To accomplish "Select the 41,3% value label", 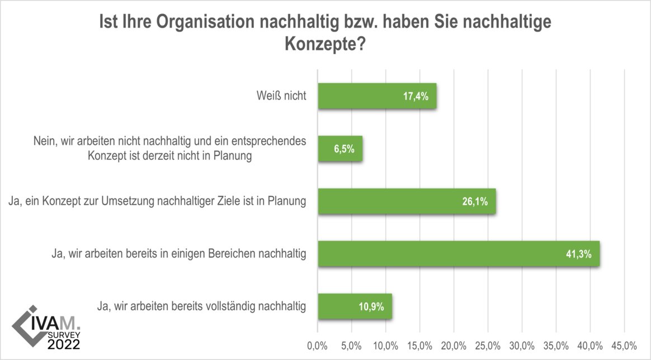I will click(x=582, y=254).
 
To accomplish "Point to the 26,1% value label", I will click(x=476, y=202).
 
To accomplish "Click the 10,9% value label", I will click(x=371, y=307).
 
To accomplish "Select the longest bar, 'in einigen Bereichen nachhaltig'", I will click(x=458, y=254).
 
